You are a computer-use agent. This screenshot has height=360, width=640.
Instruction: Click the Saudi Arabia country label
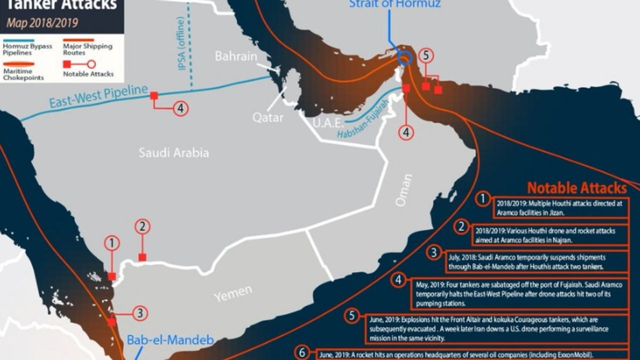coord(173,152)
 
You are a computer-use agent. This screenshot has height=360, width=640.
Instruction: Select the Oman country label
coord(404,190)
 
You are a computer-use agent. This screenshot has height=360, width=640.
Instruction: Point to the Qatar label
coord(267,117)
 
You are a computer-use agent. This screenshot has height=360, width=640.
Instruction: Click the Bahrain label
coord(236,56)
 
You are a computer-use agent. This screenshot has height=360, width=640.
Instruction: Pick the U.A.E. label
coord(327,123)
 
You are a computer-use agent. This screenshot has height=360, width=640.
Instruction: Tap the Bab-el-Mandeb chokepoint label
coord(170,340)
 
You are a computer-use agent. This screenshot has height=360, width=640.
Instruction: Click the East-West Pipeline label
coord(98,96)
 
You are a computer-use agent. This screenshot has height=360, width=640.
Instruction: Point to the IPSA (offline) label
coord(181,43)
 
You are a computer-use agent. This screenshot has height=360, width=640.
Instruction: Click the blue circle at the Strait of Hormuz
coord(405,59)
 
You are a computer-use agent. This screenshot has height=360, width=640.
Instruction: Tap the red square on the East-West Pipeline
coord(154,95)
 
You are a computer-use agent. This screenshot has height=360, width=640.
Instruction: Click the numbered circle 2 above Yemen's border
coord(142,227)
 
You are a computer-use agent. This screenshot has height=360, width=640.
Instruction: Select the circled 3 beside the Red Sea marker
coord(140,313)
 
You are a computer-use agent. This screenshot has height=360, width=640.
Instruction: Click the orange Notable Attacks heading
coord(576,188)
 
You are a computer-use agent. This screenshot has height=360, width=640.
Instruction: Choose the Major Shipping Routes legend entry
coord(87,49)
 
